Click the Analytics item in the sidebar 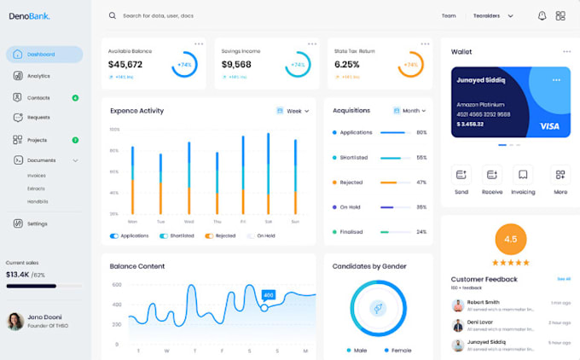(38, 76)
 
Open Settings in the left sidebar (37, 224)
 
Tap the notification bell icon (542, 15)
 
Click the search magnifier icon (113, 15)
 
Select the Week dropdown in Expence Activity (293, 111)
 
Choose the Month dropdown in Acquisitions (409, 111)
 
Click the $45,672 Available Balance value (125, 64)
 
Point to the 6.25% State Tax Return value (346, 64)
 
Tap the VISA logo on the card (549, 126)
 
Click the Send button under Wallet (461, 180)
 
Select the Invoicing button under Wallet (523, 180)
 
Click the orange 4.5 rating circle (510, 239)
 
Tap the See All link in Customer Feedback (564, 279)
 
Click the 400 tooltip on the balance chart (268, 295)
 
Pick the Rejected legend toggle (220, 235)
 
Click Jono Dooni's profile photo (15, 321)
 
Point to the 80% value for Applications (421, 132)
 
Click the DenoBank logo (29, 16)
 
